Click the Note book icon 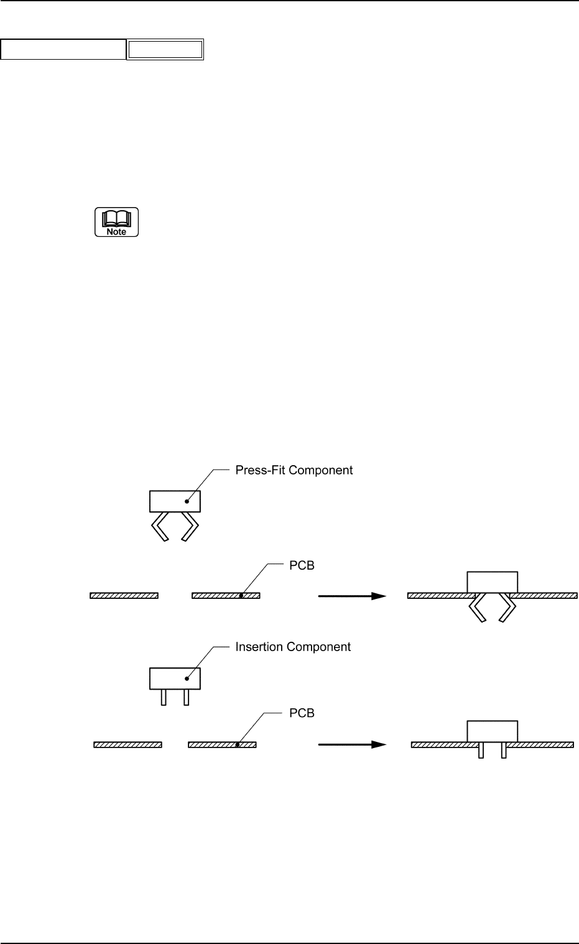pos(116,222)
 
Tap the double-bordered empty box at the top pos(165,50)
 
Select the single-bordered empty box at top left pos(63,50)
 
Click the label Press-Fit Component pos(294,470)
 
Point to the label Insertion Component pos(293,647)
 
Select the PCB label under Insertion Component pos(302,713)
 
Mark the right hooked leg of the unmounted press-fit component pos(190,526)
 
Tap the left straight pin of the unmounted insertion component pos(164,697)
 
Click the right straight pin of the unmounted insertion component pos(186,697)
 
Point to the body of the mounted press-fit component pos(492,581)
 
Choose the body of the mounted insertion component pos(492,731)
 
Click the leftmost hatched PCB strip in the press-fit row pos(124,596)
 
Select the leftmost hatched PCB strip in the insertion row pos(127,744)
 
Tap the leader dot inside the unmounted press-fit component pos(186,501)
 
